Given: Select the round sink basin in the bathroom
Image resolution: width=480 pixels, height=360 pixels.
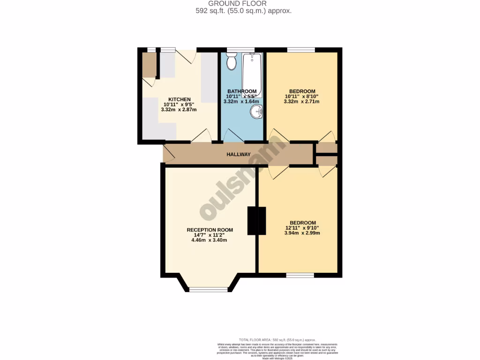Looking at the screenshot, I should click(x=256, y=112).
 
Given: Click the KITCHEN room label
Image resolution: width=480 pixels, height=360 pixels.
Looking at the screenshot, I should click(x=180, y=99).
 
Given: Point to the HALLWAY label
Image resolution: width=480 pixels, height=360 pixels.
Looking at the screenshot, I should click(x=239, y=155).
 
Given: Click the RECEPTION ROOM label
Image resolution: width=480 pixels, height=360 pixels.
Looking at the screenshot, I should click(x=210, y=230).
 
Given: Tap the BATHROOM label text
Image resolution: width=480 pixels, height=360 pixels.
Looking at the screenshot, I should click(x=242, y=91).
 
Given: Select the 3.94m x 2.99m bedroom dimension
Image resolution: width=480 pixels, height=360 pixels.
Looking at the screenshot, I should click(x=302, y=233).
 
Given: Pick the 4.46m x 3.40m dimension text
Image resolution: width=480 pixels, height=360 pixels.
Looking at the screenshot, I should click(x=209, y=240).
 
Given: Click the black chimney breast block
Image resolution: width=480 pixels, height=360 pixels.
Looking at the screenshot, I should click(x=256, y=220).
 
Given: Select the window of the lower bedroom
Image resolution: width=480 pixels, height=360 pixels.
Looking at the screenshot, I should click(x=300, y=275).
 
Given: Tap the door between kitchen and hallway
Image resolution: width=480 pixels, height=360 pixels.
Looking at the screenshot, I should click(x=201, y=136).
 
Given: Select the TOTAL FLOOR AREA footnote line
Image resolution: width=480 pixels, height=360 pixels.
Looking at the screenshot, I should click(x=277, y=340).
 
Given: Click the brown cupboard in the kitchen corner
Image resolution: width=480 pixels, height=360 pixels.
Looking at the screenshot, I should click(x=150, y=66).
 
